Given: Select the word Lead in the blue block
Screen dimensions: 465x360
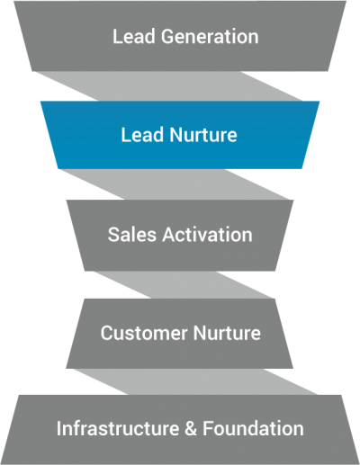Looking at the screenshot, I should [x=139, y=136].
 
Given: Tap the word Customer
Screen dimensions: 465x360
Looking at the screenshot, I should [x=139, y=333].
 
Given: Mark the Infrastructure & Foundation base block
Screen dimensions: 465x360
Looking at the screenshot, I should [x=180, y=450].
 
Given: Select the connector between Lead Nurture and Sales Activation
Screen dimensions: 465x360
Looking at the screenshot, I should [x=180, y=184].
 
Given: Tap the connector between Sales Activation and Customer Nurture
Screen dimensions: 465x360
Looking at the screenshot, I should [x=180, y=283].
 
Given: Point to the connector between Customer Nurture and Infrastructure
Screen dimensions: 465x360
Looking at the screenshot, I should [x=180, y=380].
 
